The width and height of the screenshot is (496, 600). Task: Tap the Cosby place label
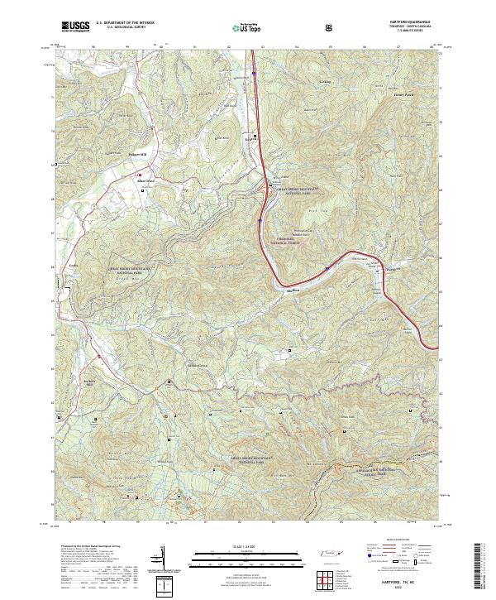73,266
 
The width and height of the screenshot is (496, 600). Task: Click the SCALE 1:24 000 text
247,546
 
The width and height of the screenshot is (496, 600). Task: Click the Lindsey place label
324,82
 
